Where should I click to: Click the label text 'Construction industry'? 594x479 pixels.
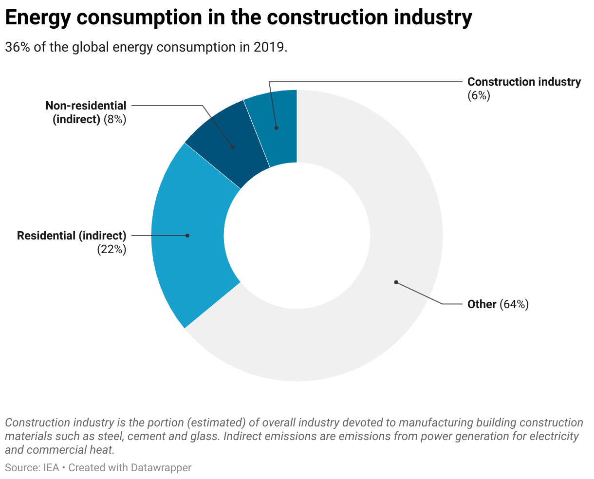click(x=524, y=82)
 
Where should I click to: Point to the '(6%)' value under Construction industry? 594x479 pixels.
click(x=478, y=95)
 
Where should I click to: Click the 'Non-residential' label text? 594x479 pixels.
click(x=86, y=106)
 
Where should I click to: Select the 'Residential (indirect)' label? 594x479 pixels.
click(x=72, y=236)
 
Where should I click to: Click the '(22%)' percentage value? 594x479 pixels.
click(x=111, y=249)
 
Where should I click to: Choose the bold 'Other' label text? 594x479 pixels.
click(x=482, y=304)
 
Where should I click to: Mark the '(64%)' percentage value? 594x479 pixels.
click(x=514, y=304)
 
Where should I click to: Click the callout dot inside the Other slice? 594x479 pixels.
click(x=396, y=282)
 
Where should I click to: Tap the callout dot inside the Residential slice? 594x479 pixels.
click(x=187, y=236)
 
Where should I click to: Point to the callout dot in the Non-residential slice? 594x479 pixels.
click(x=233, y=147)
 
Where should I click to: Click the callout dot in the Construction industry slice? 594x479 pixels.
click(x=276, y=128)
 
